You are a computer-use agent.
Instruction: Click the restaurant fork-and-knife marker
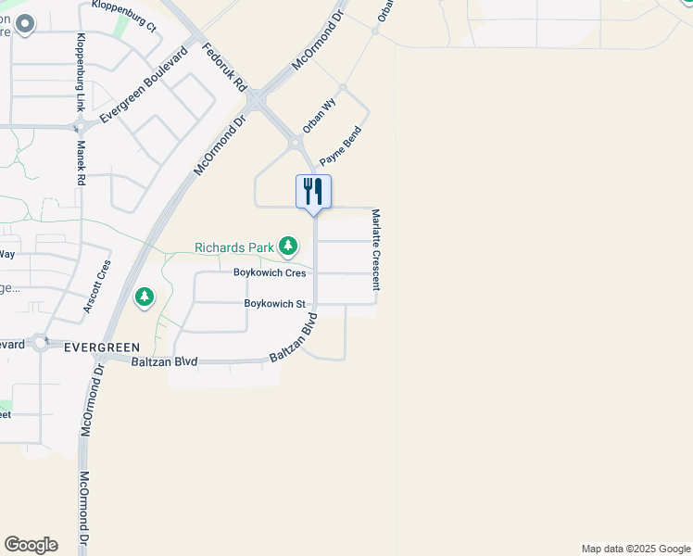pyautogui.click(x=313, y=191)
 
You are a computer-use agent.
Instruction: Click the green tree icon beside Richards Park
pyautogui.click(x=289, y=246)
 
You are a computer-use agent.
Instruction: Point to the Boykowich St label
pyautogui.click(x=274, y=303)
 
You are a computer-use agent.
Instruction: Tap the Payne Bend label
pyautogui.click(x=339, y=146)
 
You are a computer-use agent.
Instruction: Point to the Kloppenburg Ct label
pyautogui.click(x=124, y=17)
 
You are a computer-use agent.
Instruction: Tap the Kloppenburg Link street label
pyautogui.click(x=82, y=72)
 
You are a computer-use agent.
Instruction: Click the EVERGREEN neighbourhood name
pyautogui.click(x=101, y=347)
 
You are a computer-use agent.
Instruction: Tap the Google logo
pyautogui.click(x=31, y=545)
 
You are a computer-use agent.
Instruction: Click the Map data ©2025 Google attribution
pyautogui.click(x=636, y=549)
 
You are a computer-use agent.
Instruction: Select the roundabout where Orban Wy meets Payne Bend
pyautogui.click(x=296, y=143)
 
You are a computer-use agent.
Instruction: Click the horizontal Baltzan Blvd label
pyautogui.click(x=164, y=360)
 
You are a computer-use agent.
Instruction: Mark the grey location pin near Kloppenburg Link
pyautogui.click(x=24, y=24)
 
